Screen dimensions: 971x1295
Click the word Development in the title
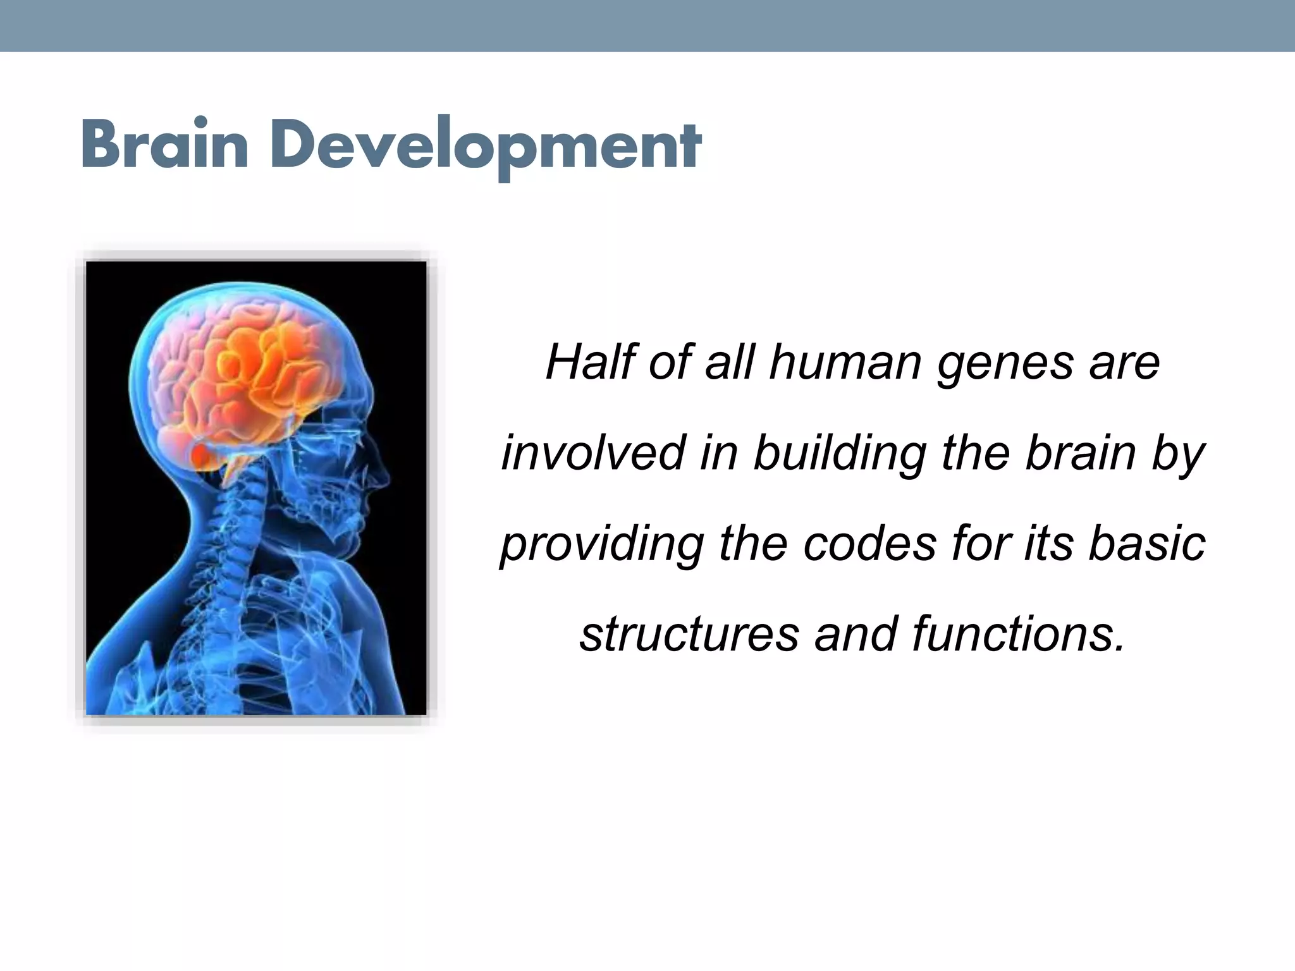point(487,147)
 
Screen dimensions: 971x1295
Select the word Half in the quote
point(589,363)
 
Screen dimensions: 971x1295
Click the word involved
point(593,453)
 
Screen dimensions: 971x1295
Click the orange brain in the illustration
point(253,373)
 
